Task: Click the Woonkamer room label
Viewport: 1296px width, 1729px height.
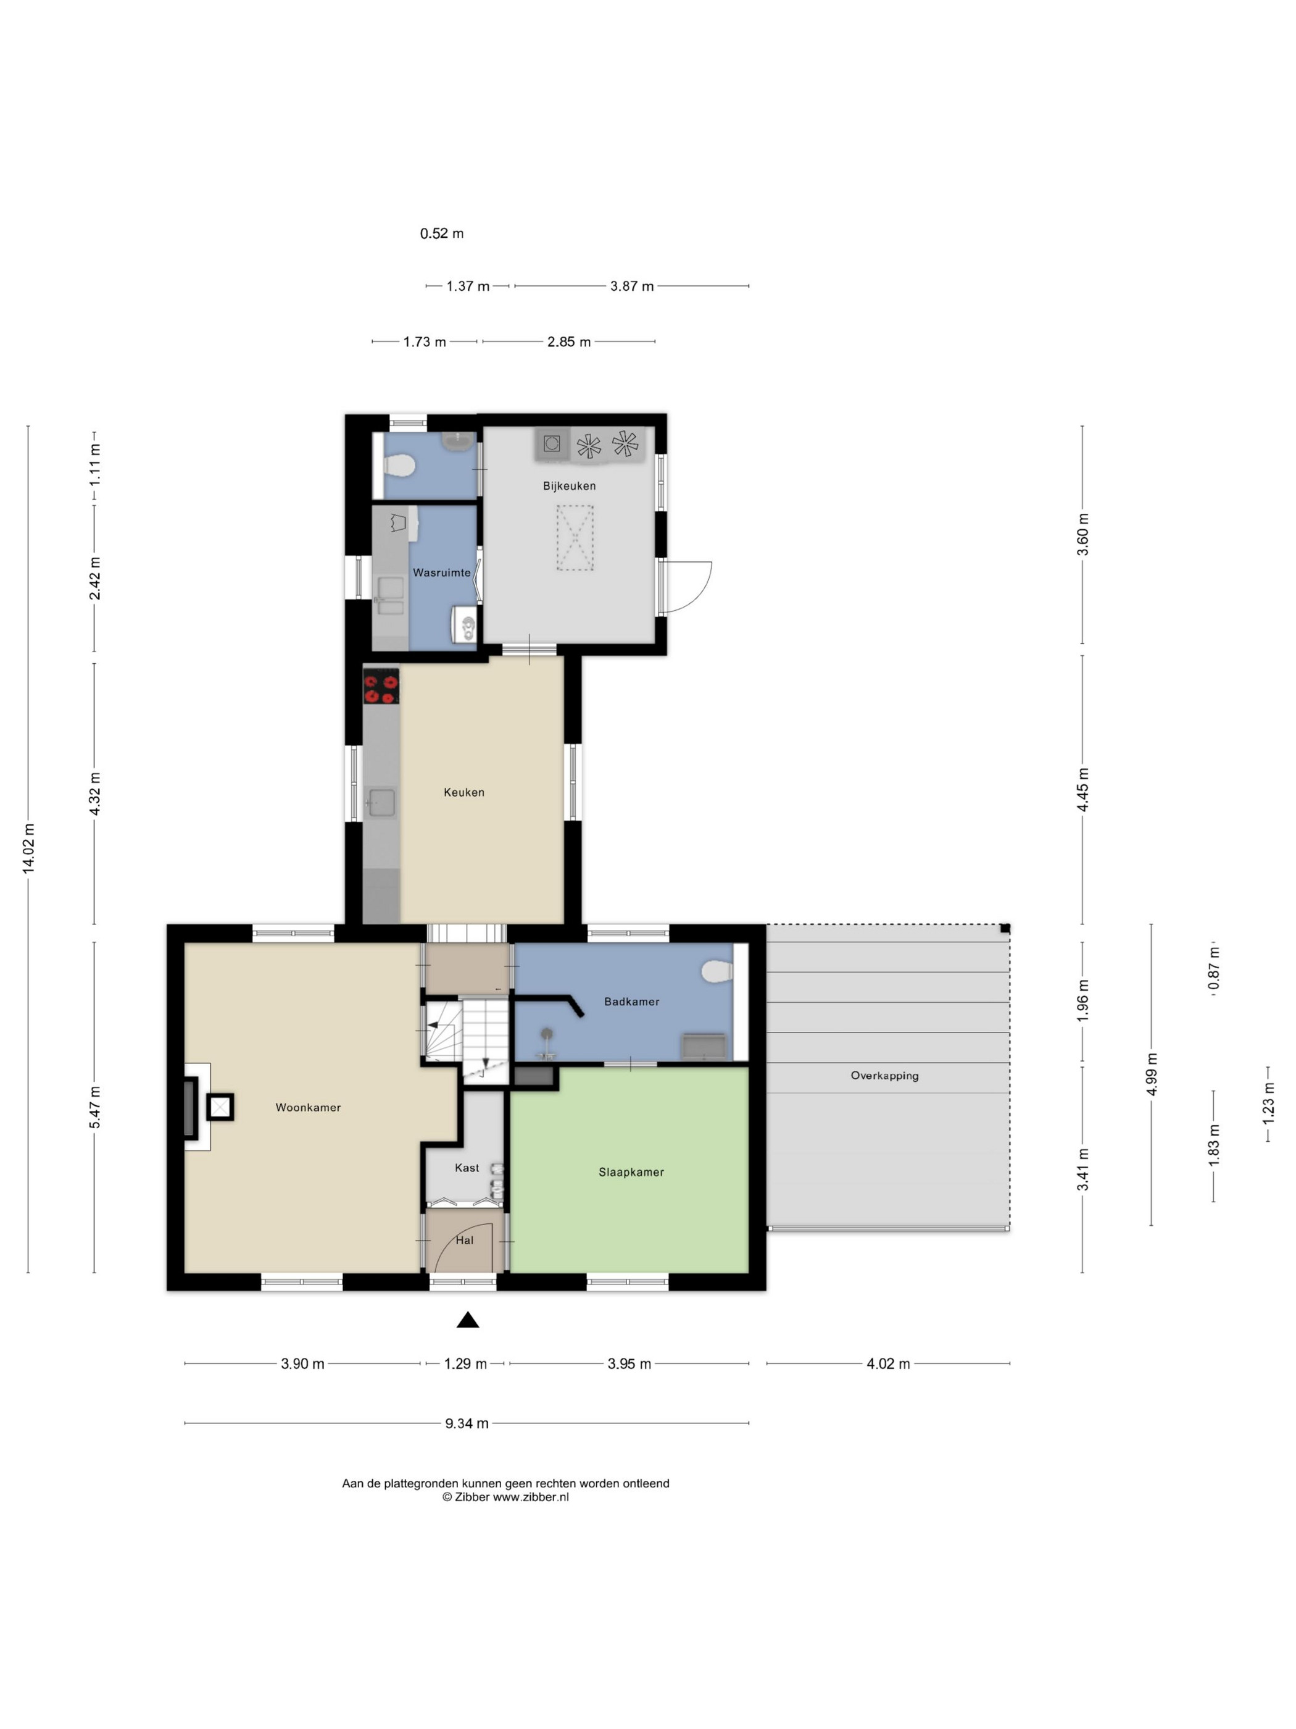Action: pyautogui.click(x=308, y=1108)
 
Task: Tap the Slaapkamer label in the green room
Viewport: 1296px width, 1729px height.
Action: pyautogui.click(x=631, y=1173)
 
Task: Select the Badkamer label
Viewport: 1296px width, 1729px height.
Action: pyautogui.click(x=631, y=1002)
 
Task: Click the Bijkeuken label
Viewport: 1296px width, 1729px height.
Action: pyautogui.click(x=570, y=486)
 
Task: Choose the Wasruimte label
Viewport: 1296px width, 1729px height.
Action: pyautogui.click(x=441, y=573)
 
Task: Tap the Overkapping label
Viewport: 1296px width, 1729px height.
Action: pyautogui.click(x=884, y=1076)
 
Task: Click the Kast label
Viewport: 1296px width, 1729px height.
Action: pyautogui.click(x=467, y=1168)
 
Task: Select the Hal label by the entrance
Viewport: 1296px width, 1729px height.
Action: pyautogui.click(x=464, y=1241)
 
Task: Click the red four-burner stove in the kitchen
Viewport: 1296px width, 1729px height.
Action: pyautogui.click(x=381, y=686)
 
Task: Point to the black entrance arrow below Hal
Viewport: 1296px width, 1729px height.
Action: pyautogui.click(x=468, y=1320)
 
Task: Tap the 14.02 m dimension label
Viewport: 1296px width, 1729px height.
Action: pyautogui.click(x=28, y=848)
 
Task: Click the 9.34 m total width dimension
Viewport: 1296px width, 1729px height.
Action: pyautogui.click(x=467, y=1424)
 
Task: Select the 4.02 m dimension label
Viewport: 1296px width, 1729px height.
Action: pyautogui.click(x=888, y=1364)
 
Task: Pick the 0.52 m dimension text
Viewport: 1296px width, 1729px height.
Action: pyautogui.click(x=442, y=233)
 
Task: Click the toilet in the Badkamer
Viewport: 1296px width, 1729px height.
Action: pyautogui.click(x=717, y=971)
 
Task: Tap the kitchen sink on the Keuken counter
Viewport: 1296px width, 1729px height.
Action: pyautogui.click(x=381, y=803)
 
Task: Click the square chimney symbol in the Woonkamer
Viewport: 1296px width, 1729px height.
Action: pyautogui.click(x=220, y=1107)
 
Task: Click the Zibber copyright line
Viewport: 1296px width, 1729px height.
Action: pyautogui.click(x=505, y=1497)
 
